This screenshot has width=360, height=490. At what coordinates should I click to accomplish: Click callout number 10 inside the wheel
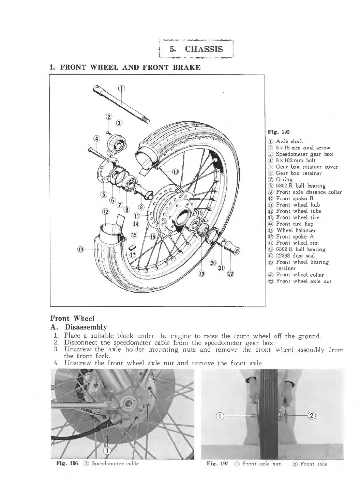(x=175, y=172)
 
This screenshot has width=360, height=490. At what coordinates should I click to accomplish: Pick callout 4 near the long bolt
(x=97, y=138)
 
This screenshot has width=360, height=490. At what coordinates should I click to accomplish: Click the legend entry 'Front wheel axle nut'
(x=303, y=281)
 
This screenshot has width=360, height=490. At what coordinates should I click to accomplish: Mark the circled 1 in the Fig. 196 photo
(x=107, y=451)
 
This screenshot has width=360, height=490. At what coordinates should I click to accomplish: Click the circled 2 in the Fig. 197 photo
(x=312, y=415)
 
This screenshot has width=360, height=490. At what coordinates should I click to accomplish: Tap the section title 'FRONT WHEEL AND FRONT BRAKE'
(x=130, y=67)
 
